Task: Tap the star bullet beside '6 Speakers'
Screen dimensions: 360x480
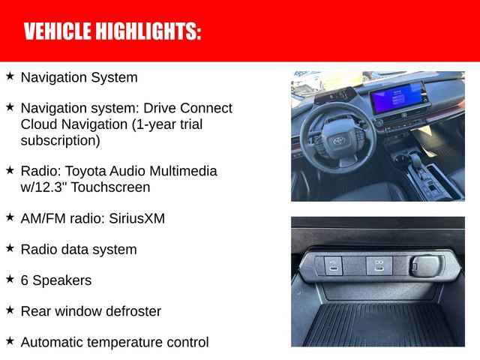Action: tap(10, 279)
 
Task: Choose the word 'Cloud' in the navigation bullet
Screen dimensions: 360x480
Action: tap(39, 124)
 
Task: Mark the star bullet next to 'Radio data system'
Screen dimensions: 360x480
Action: tap(10, 247)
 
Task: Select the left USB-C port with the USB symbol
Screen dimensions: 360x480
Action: tap(334, 265)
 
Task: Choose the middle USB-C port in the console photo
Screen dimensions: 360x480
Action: tap(378, 264)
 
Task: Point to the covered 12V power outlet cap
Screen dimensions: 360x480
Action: tap(424, 265)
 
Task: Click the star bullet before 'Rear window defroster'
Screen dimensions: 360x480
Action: tap(10, 310)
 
